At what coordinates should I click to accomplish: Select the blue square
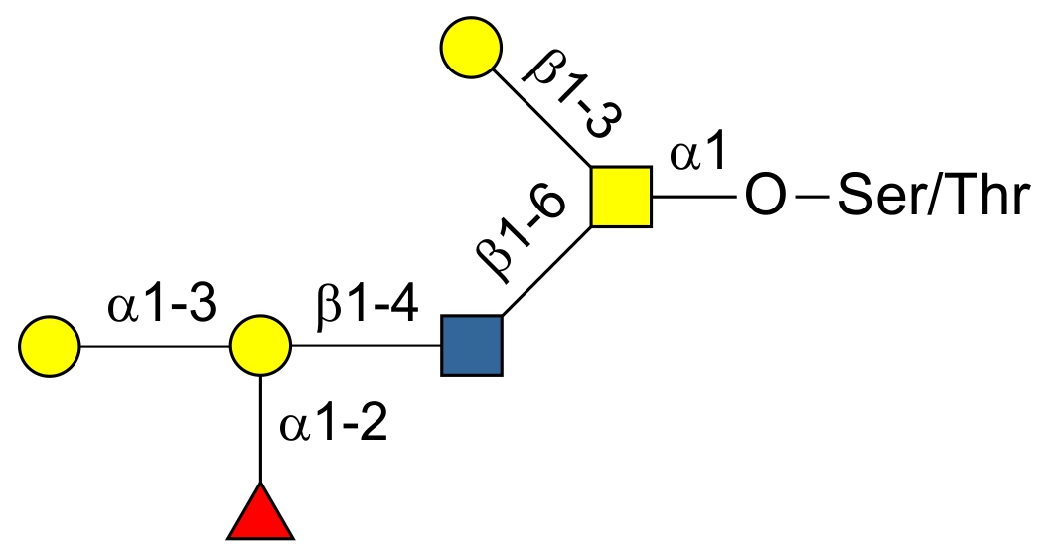pyautogui.click(x=472, y=346)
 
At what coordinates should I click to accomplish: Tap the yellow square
pyautogui.click(x=621, y=197)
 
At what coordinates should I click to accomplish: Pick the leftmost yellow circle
pyautogui.click(x=49, y=347)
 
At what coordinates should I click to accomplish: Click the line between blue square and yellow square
pyautogui.click(x=547, y=271)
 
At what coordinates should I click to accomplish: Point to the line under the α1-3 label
pyautogui.click(x=154, y=347)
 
